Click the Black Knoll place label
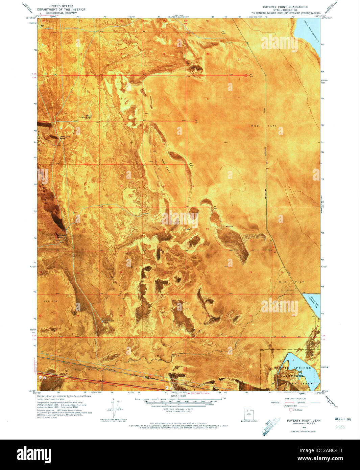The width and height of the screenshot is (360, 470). [x=89, y=117]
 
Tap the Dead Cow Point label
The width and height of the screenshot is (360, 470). [x=65, y=138]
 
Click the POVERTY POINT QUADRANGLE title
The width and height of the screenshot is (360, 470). [x=286, y=7]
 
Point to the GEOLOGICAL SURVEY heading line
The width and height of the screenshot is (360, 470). [x=61, y=13]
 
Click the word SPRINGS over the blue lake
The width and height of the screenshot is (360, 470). [x=302, y=368]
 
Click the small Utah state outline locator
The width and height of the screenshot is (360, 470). [x=249, y=414]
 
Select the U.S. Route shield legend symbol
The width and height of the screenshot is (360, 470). [x=290, y=410]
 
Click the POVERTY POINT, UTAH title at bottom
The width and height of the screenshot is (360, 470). [x=304, y=420]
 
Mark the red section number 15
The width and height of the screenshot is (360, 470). [x=77, y=186]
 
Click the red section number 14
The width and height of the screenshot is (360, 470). [x=121, y=186]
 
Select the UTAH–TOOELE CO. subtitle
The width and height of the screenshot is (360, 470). [x=286, y=10]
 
